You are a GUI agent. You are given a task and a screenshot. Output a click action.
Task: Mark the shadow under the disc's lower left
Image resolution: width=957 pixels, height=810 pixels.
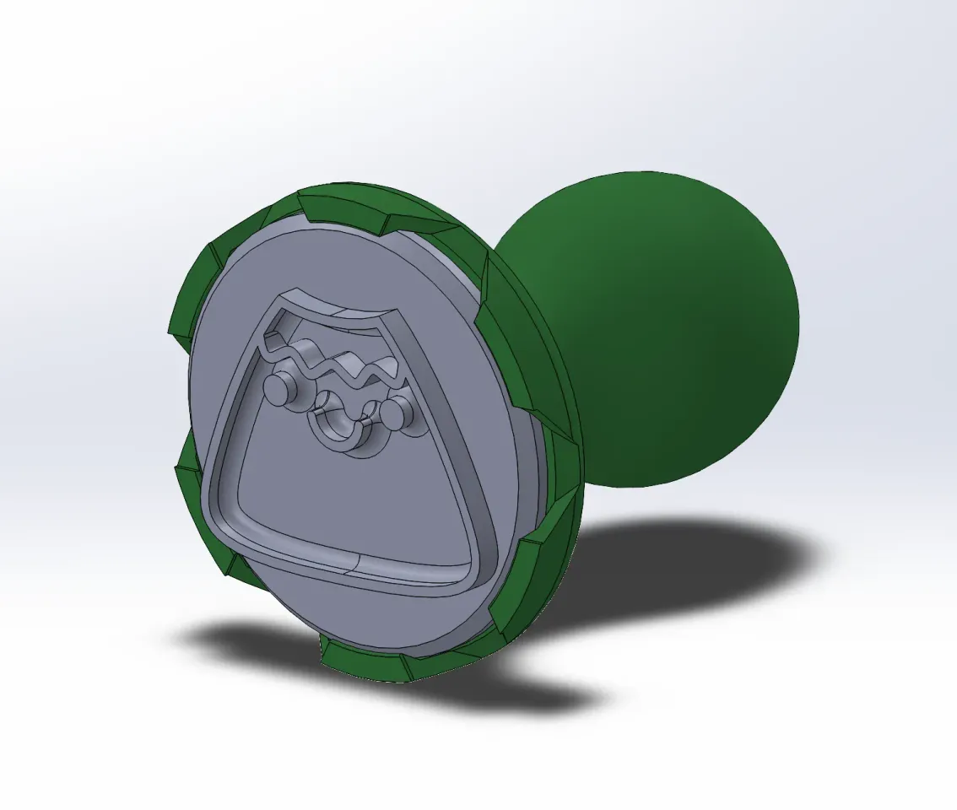click(x=253, y=641)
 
